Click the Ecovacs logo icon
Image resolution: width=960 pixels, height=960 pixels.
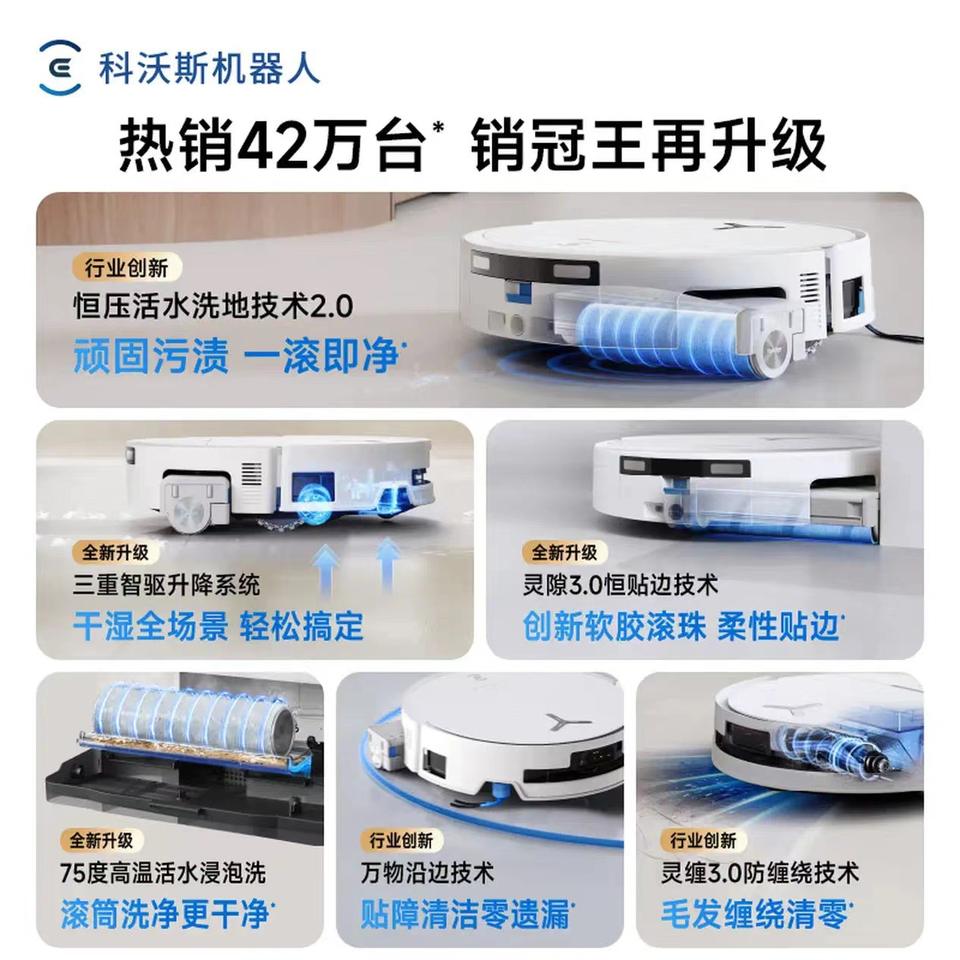(59, 67)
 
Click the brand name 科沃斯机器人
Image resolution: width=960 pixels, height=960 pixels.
(209, 68)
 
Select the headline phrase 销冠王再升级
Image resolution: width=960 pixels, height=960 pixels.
(648, 146)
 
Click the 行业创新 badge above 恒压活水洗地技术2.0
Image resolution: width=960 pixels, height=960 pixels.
(126, 268)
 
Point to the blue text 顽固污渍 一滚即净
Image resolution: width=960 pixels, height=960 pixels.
(239, 356)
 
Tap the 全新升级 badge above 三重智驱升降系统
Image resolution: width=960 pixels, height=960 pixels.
(115, 553)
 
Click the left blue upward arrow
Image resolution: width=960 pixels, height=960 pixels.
(326, 569)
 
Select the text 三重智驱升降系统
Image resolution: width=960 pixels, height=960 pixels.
(167, 586)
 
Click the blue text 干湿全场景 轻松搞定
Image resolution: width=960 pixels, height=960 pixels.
(218, 626)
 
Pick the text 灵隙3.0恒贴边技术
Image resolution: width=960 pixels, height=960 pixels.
(620, 585)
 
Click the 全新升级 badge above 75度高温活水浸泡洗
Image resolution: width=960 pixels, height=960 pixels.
(101, 840)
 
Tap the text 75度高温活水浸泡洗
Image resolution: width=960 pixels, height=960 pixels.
(163, 872)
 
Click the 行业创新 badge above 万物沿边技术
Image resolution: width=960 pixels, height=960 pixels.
(401, 840)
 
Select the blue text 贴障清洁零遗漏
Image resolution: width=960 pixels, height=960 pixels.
(466, 913)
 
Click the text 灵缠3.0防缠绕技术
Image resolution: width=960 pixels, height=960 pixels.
(759, 872)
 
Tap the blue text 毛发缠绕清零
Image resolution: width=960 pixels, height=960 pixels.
(756, 913)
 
